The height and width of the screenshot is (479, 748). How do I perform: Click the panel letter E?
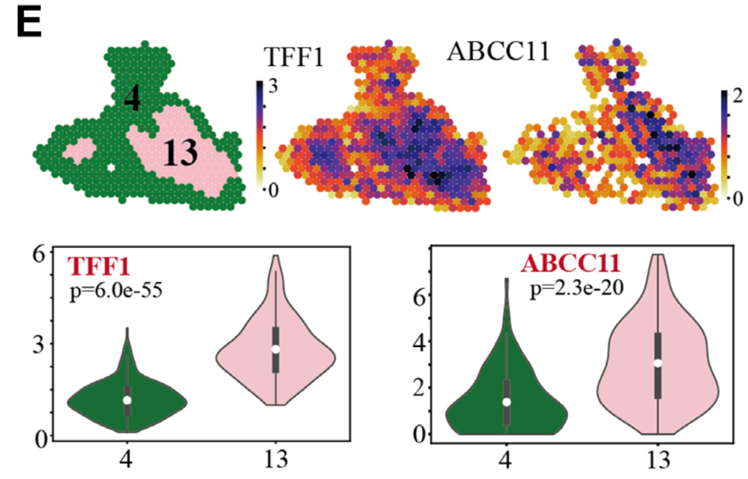[x=29, y=23]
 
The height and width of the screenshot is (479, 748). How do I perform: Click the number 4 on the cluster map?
[x=132, y=98]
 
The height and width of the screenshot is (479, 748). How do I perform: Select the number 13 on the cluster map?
[x=180, y=152]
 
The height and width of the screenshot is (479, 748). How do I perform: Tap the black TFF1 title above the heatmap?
[x=294, y=57]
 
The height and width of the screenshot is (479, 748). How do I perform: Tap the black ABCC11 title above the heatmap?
[x=498, y=52]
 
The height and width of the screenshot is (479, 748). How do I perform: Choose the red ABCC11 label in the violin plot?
[x=570, y=264]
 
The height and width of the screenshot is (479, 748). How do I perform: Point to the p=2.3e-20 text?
[x=576, y=289]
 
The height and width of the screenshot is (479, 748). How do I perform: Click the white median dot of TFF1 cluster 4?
[x=127, y=400]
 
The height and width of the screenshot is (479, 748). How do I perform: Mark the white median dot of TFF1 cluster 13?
[x=276, y=349]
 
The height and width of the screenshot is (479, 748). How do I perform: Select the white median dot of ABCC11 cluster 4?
[x=507, y=402]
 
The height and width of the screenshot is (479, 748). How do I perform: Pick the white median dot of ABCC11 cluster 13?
[x=658, y=363]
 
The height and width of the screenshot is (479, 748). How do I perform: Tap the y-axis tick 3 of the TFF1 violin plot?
[x=41, y=345]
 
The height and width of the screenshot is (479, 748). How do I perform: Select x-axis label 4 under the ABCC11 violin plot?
[x=507, y=459]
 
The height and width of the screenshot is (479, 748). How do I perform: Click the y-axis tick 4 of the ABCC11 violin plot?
[x=417, y=341]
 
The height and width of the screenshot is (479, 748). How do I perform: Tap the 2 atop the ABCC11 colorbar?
[x=737, y=96]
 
